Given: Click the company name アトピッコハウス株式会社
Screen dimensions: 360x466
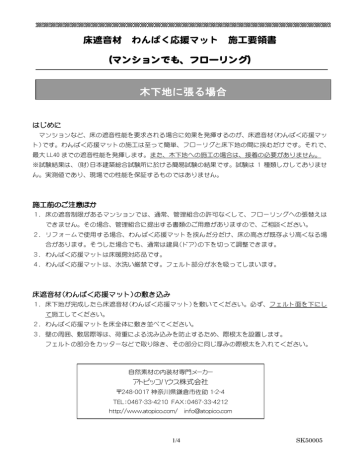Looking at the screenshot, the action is pyautogui.click(x=180, y=380).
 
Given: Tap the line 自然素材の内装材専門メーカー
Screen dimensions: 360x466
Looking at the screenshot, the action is pyautogui.click(x=180, y=370).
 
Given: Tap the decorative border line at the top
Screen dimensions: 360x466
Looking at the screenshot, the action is pyautogui.click(x=180, y=20).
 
